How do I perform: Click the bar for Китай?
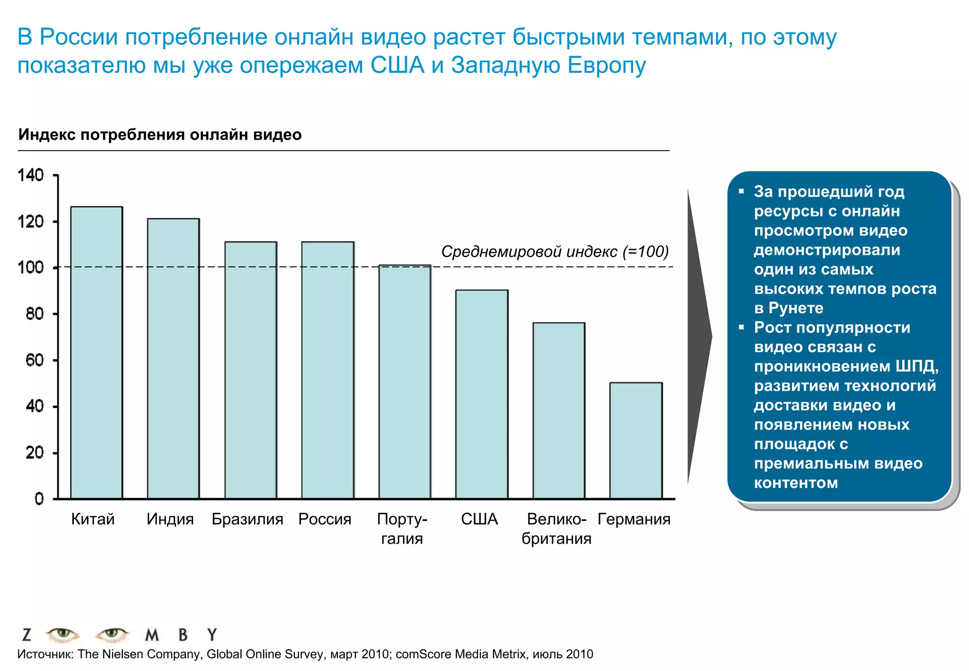(97, 353)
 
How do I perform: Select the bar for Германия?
(635, 440)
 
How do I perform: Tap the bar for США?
(482, 394)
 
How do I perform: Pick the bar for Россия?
(328, 370)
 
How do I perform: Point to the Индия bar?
(173, 358)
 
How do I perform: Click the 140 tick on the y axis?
(31, 176)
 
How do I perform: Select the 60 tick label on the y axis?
(35, 360)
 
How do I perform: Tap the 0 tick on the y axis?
(39, 499)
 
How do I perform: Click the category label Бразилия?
(247, 519)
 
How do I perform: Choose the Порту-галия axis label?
(402, 529)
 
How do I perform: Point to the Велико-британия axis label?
(556, 529)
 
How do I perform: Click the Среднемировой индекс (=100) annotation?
(555, 251)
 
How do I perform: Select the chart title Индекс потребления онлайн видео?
(160, 135)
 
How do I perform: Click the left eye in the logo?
(62, 634)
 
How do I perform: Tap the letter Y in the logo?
(212, 635)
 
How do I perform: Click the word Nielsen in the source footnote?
(144, 654)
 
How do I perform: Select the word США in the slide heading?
(397, 65)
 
